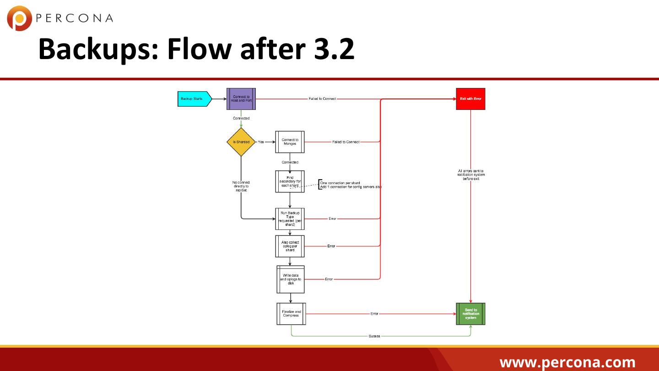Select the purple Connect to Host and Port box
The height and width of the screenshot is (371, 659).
coord(241,99)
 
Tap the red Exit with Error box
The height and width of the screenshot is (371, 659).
coord(470,99)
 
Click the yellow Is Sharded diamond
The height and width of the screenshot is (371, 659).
coord(241,142)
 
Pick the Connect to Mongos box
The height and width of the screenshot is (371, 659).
coord(290,142)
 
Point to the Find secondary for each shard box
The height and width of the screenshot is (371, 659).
coord(290,181)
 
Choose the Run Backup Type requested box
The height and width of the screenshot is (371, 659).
coord(290,219)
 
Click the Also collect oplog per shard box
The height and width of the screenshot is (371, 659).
coord(290,246)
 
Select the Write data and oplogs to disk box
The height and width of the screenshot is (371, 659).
coord(291,279)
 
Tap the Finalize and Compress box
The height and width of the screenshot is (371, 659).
coord(291,314)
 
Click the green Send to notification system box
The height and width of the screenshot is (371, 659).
coord(470,314)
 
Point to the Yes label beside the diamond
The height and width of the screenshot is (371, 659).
coord(261,142)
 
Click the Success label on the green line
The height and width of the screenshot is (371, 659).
coord(374,336)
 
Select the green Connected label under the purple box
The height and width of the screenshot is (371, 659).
coord(241,119)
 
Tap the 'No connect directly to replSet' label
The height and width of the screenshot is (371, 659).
coord(241,186)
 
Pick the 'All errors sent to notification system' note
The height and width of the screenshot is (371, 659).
coord(471,175)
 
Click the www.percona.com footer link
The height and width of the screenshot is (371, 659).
coord(567,363)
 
